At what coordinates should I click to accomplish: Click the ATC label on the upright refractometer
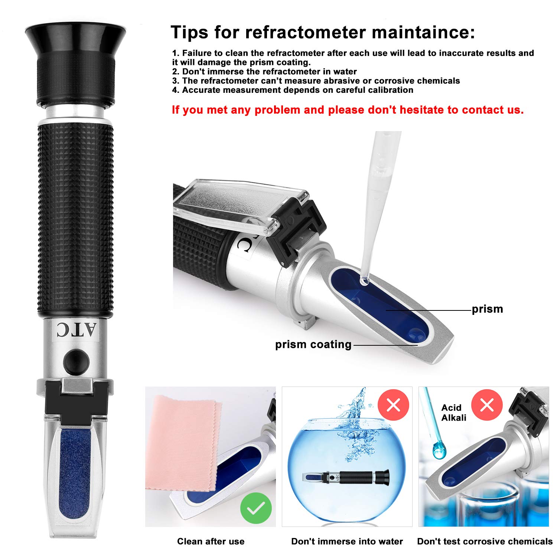point(76,330)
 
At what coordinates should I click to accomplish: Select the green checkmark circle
point(256,508)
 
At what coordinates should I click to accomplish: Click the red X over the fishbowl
point(393,405)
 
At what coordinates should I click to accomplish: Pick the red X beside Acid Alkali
point(487,405)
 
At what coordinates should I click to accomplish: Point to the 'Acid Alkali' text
point(453,413)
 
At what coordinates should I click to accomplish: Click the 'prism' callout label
point(487,309)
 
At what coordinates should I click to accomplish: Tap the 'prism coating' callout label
point(313,344)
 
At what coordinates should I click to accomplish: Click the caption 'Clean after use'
point(211,541)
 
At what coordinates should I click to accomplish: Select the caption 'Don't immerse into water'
point(347,541)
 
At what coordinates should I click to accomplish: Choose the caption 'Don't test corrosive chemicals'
point(485,541)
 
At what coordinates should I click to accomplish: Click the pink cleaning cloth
point(182,442)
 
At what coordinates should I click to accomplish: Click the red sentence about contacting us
point(348,110)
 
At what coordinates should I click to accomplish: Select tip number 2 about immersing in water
point(264,71)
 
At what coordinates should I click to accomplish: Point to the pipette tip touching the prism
point(364,280)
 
